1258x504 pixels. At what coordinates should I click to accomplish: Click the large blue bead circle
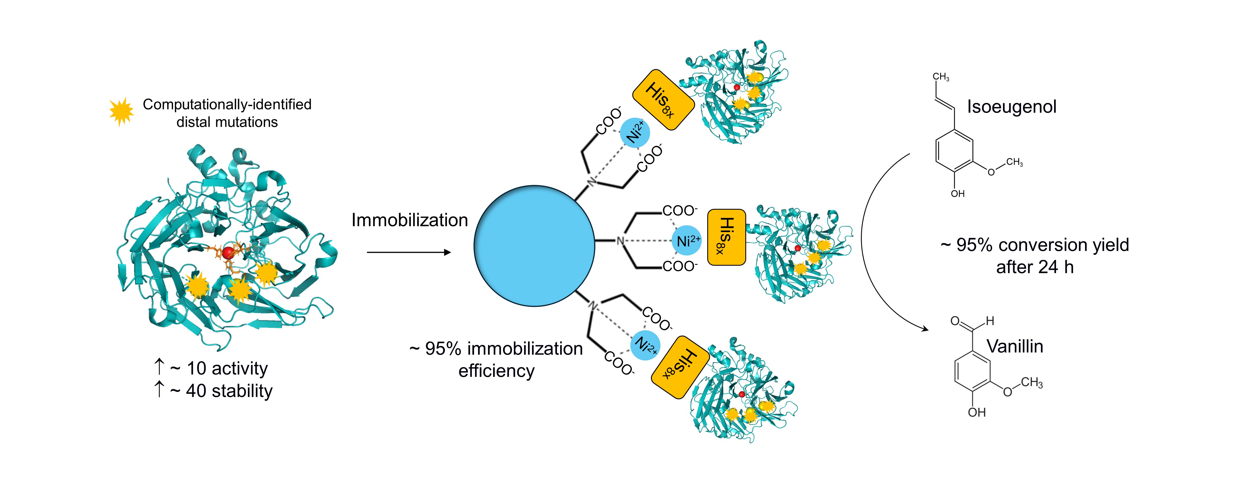coord(534,246)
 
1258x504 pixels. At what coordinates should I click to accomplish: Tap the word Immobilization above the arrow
coord(409,220)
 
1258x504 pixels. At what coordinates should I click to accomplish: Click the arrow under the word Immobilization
coord(408,252)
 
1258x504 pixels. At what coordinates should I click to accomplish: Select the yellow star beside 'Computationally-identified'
coord(121,111)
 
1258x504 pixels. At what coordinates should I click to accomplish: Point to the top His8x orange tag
coord(663,100)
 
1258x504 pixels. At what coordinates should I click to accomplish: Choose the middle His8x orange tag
coord(726,237)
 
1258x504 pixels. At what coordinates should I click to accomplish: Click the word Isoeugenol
coord(1011,107)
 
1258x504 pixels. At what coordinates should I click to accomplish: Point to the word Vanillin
coord(1015,346)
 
